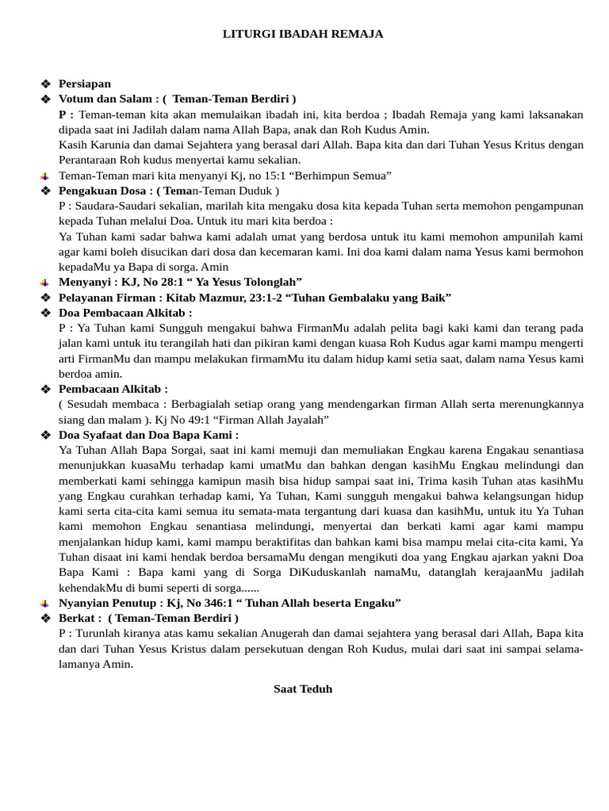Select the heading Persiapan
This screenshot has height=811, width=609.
pyautogui.click(x=85, y=84)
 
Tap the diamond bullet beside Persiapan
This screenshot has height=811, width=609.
pyautogui.click(x=45, y=84)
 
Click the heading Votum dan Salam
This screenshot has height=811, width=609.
pyautogui.click(x=107, y=99)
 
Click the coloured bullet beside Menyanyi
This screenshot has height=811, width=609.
pyautogui.click(x=45, y=283)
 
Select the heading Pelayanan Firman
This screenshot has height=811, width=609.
pyautogui.click(x=108, y=298)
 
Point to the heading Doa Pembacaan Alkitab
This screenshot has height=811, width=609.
pyautogui.click(x=125, y=313)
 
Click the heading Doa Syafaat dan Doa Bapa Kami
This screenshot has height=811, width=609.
pyautogui.click(x=148, y=435)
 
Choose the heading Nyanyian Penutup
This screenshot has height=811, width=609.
pyautogui.click(x=107, y=603)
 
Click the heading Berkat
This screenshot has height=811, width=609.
pyautogui.click(x=79, y=618)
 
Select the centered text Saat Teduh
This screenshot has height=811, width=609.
pyautogui.click(x=303, y=689)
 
